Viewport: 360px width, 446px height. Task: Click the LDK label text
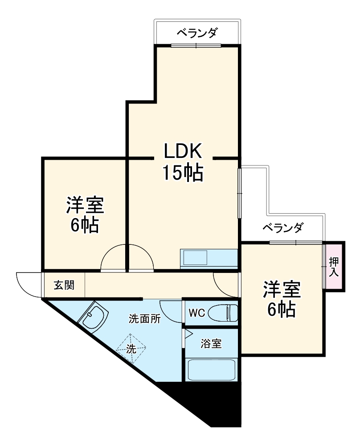(x=183, y=152)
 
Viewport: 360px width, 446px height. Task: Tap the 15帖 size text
(x=183, y=173)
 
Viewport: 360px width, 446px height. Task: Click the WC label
(x=196, y=313)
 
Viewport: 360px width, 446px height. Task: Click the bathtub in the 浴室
(x=212, y=369)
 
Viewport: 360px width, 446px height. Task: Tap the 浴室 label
(x=211, y=344)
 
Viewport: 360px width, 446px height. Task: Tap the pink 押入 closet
(x=334, y=266)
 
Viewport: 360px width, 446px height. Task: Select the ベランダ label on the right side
(x=282, y=228)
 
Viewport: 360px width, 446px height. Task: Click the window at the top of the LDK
(x=196, y=45)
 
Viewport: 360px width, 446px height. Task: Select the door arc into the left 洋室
(x=114, y=259)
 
